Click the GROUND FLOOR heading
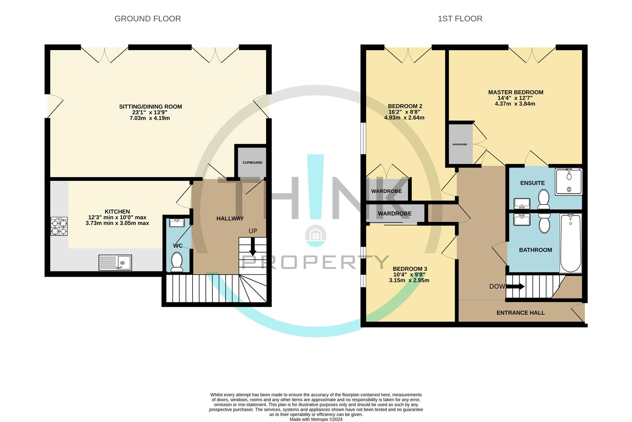[148, 19]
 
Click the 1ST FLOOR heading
[460, 19]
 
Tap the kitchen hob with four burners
[59, 226]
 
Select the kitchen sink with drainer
[115, 263]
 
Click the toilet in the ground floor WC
[177, 262]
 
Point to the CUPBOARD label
[252, 163]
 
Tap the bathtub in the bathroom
[571, 243]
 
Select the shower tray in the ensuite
[569, 181]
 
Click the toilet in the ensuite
[544, 199]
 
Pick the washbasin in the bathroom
[522, 220]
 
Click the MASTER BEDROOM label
[515, 93]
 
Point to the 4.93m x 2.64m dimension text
[404, 118]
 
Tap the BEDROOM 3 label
[410, 269]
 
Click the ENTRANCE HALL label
[520, 313]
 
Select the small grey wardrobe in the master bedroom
[460, 144]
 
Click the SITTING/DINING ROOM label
[150, 107]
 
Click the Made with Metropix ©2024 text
[316, 419]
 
